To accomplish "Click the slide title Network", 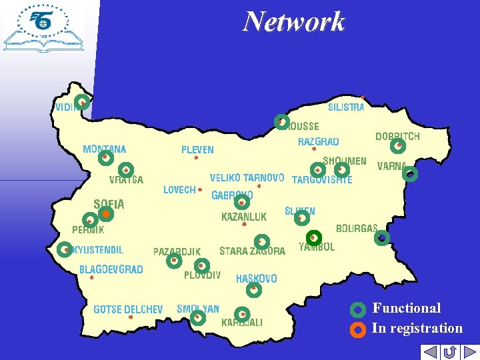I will (x=294, y=21).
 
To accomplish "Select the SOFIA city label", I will (x=109, y=204).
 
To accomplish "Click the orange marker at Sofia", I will (x=105, y=214).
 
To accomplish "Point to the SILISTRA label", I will (x=346, y=107).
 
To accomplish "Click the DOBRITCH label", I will (x=397, y=136).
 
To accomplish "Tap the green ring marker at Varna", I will (x=411, y=175).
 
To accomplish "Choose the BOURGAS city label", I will (x=357, y=228).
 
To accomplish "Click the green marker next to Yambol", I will (x=314, y=237).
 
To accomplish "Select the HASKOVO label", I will (x=257, y=279).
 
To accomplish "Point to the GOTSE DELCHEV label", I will (x=128, y=309).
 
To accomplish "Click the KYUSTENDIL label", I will (x=97, y=250).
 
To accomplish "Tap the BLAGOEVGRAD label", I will (x=111, y=269).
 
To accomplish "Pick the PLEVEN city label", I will (x=197, y=149).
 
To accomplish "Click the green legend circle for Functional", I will (x=358, y=309).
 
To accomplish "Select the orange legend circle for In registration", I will (x=358, y=329).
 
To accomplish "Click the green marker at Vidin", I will (x=82, y=102).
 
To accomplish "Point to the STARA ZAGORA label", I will (x=252, y=251).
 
